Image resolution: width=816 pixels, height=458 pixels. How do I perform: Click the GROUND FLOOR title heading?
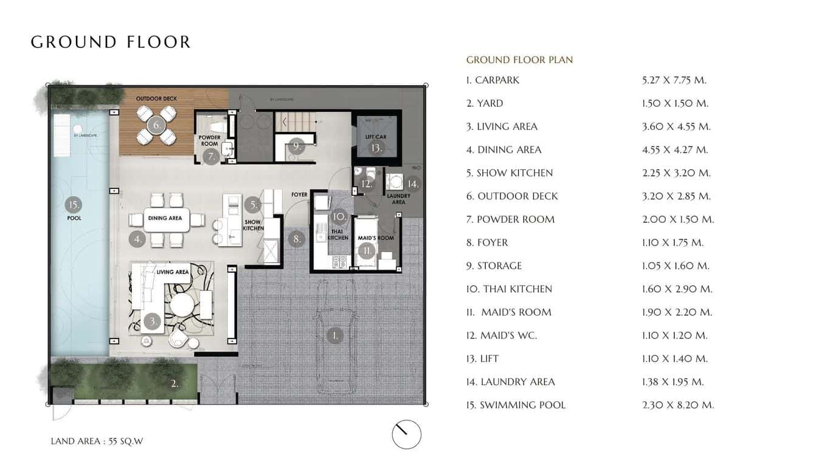coord(111,42)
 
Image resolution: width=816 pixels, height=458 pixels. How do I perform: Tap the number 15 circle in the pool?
coord(74,205)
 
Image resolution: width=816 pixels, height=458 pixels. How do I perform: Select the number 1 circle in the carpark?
coord(334,335)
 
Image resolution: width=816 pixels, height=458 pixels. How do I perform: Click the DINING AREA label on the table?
coord(165,218)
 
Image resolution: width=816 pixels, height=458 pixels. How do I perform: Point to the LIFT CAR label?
coord(376,137)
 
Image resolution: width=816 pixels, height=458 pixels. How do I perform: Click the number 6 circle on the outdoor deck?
coord(156,126)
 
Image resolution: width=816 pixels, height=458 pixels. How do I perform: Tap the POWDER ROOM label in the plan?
coord(210,141)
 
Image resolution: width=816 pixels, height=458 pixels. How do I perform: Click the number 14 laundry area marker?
coord(413,183)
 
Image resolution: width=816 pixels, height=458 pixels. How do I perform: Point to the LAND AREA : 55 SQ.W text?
coord(97,442)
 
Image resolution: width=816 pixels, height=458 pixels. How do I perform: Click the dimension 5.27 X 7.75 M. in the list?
coord(674,80)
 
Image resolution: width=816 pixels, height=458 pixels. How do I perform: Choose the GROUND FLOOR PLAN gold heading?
coord(519,60)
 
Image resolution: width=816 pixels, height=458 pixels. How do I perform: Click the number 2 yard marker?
coord(174,383)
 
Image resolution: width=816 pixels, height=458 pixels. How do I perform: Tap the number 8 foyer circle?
coord(297,239)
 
